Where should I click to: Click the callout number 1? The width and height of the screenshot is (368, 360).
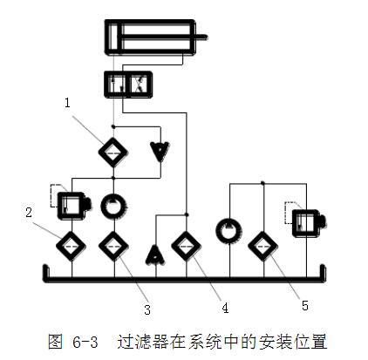click(x=67, y=103)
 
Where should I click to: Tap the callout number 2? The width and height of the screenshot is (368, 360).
click(x=29, y=213)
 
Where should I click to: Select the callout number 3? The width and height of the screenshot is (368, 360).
click(x=147, y=309)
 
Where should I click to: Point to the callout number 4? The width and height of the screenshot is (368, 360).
click(x=225, y=308)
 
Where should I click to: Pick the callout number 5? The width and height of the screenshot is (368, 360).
click(x=305, y=306)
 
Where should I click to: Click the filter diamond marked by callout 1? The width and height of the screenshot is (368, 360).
click(x=113, y=153)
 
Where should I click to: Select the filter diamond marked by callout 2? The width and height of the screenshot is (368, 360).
click(x=72, y=246)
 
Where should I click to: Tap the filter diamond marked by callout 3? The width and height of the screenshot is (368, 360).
click(x=113, y=246)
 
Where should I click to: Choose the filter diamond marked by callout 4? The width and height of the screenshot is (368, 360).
click(x=187, y=246)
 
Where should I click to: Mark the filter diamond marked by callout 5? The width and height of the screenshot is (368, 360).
click(x=263, y=246)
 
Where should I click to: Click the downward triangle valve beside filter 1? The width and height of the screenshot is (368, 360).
click(x=160, y=152)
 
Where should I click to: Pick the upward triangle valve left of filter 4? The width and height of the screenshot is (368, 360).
click(x=156, y=255)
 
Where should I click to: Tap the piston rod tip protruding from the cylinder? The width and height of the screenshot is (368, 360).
click(x=206, y=37)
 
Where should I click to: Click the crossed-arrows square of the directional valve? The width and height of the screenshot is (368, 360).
click(x=140, y=85)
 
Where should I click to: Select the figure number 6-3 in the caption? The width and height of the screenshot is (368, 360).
click(x=85, y=342)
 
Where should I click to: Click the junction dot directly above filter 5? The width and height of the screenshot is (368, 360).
click(x=262, y=183)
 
